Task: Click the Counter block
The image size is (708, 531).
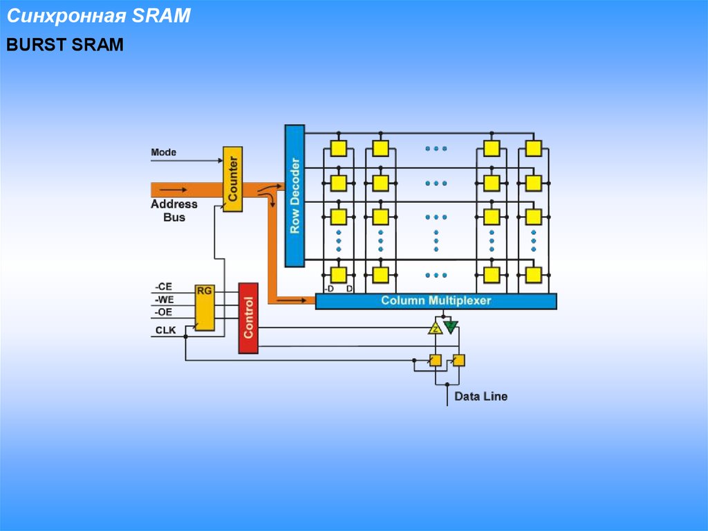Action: click(232, 179)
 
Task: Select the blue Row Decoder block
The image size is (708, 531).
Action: click(295, 196)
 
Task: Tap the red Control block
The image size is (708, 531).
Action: click(248, 318)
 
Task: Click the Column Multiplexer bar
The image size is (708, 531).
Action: click(436, 301)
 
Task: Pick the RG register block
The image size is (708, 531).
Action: click(205, 307)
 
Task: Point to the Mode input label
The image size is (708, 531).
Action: click(163, 152)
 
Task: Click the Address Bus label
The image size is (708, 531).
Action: click(174, 210)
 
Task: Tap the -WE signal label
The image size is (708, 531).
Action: click(163, 300)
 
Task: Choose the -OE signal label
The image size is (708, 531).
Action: click(163, 312)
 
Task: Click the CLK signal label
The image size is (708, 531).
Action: click(165, 330)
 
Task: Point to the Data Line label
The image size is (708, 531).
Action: click(481, 397)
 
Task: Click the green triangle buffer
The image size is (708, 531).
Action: click(450, 327)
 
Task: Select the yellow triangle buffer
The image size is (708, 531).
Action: click(435, 328)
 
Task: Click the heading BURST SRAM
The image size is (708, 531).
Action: click(65, 46)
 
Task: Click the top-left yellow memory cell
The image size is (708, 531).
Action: click(338, 148)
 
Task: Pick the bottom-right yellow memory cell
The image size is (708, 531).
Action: click(533, 275)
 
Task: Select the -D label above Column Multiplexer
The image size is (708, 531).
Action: click(328, 289)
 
